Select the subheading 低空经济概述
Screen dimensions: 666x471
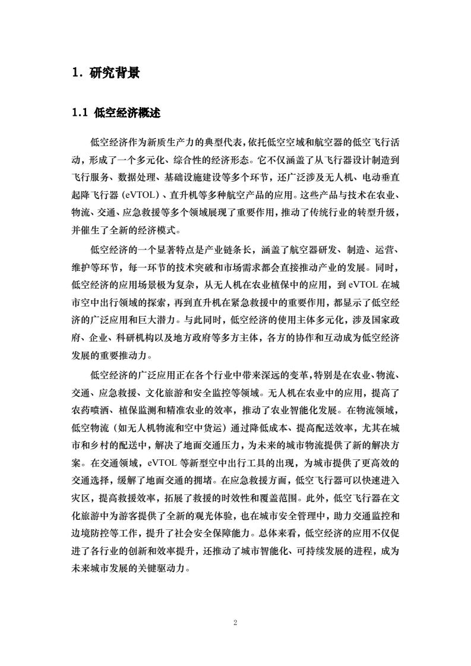128,113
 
